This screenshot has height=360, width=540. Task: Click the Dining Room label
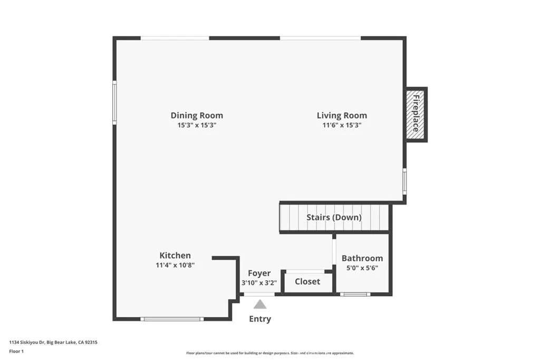point(197,115)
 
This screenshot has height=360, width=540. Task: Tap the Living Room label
point(342,115)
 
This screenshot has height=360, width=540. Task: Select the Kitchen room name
point(175,256)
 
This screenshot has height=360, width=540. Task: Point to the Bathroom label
point(362,258)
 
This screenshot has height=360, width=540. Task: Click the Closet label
point(307,281)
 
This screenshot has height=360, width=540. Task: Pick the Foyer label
point(259,273)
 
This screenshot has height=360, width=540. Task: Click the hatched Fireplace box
point(416,114)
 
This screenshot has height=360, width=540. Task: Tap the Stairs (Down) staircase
point(334,217)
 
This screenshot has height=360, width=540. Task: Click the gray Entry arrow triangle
point(259,304)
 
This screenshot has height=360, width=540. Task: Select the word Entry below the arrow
point(259,319)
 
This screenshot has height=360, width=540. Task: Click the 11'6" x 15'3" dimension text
point(342,125)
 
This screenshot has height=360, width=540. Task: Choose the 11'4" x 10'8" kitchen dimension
point(175,266)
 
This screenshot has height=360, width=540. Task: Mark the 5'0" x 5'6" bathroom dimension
point(362,268)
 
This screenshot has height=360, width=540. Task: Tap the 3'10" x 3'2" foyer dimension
point(259,283)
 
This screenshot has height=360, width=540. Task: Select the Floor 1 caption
point(16,351)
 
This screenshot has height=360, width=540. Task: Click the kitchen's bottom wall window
point(172,318)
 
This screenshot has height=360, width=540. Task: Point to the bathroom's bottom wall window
point(355,294)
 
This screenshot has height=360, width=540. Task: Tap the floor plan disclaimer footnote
point(269,353)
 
